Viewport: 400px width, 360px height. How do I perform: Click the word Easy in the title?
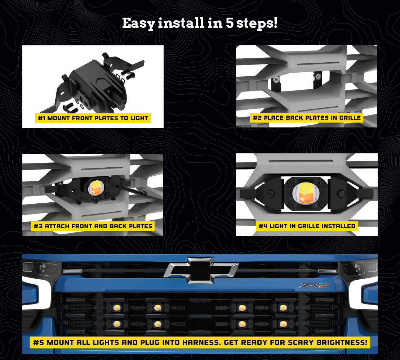click(x=138, y=23)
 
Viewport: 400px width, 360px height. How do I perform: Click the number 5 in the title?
click(x=230, y=23)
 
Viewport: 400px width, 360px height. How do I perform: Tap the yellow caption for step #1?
click(x=93, y=118)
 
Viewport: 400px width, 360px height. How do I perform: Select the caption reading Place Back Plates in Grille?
click(x=307, y=118)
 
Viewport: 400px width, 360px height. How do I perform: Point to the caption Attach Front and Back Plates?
click(x=93, y=226)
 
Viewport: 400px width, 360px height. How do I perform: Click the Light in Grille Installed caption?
click(x=307, y=226)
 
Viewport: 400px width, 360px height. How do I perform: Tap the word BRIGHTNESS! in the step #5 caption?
click(x=342, y=342)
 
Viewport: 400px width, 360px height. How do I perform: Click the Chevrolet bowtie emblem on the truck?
click(x=201, y=270)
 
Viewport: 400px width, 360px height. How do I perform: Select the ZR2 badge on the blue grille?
click(x=314, y=285)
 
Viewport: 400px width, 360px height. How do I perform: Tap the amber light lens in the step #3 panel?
click(x=97, y=188)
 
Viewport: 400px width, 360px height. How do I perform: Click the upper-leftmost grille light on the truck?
click(x=117, y=308)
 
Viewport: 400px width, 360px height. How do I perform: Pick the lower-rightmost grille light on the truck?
click(x=283, y=324)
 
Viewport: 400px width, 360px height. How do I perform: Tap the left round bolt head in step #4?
click(x=270, y=194)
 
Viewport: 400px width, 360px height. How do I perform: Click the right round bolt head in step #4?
click(x=341, y=194)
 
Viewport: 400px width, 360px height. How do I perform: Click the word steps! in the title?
click(x=257, y=23)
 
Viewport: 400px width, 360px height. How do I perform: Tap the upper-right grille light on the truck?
click(x=283, y=308)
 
